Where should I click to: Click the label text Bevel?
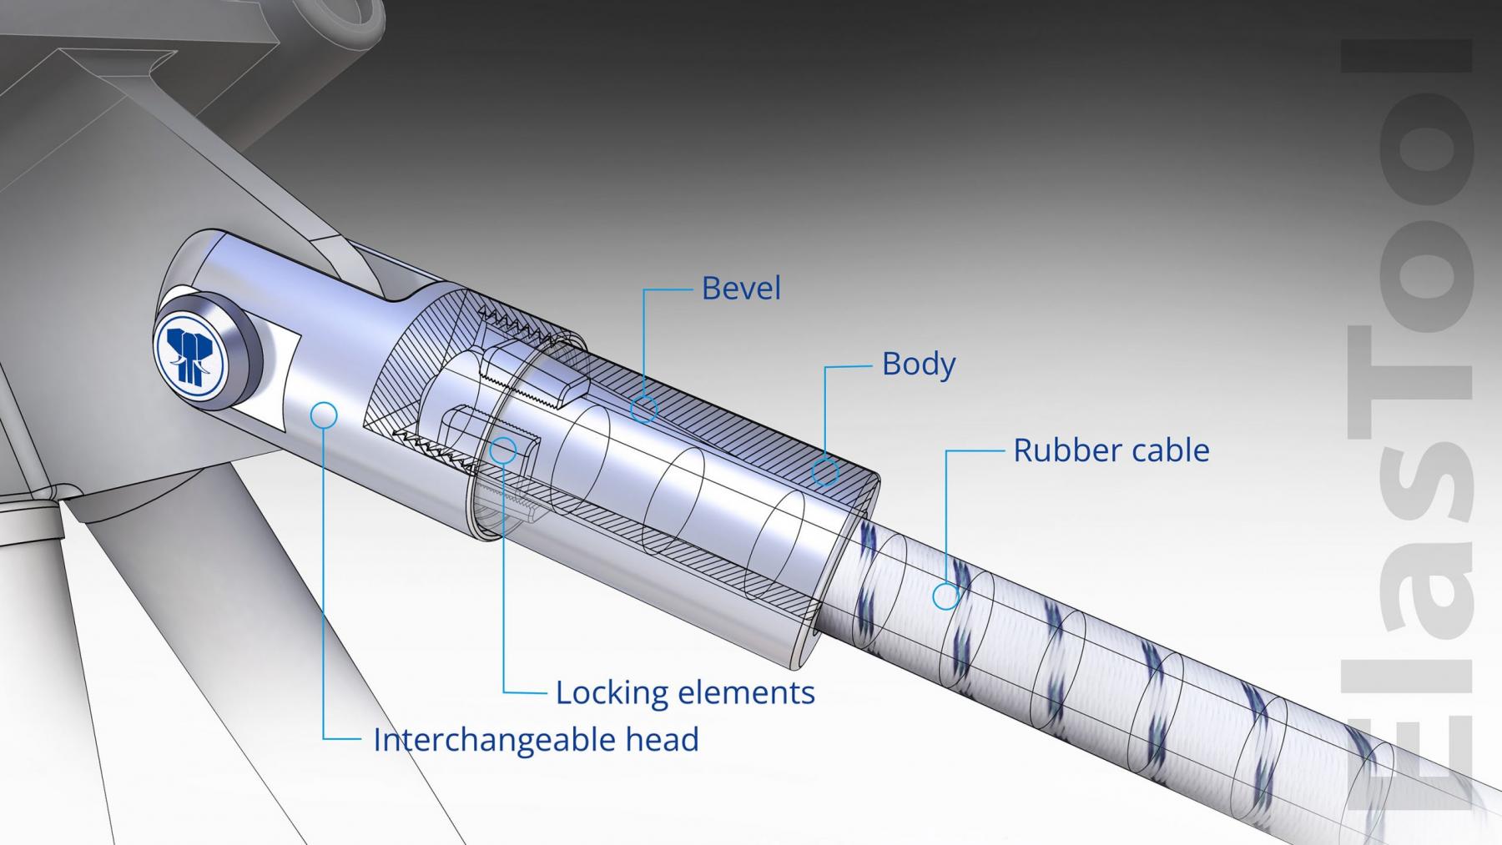[x=741, y=289]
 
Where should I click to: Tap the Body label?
[x=918, y=365]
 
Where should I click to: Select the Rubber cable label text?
[x=1111, y=450]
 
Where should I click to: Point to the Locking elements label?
[x=685, y=692]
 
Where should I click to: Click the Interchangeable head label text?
[x=536, y=740]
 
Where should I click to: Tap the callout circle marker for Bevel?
[x=643, y=409]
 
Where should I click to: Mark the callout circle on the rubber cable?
[x=945, y=596]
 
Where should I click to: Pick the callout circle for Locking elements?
[x=502, y=450]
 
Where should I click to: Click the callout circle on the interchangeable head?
[x=323, y=415]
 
